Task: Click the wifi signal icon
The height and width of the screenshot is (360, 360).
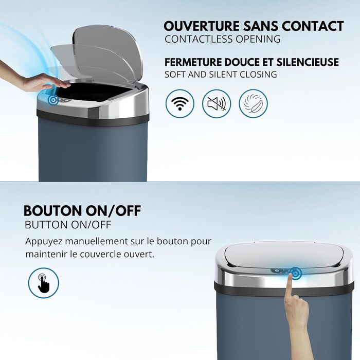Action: (x=180, y=103)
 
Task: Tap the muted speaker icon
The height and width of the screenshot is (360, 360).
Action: (x=217, y=103)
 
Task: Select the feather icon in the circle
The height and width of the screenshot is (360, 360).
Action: (x=253, y=103)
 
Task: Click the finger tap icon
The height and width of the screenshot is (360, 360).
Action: (x=44, y=283)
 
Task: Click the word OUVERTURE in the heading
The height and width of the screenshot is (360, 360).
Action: (x=202, y=26)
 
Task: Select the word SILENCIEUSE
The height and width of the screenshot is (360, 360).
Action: (x=308, y=62)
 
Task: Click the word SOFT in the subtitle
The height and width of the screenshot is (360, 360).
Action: (x=175, y=75)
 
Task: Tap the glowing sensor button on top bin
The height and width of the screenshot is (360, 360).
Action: (x=53, y=100)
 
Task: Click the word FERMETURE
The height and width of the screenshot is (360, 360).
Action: (x=193, y=62)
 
